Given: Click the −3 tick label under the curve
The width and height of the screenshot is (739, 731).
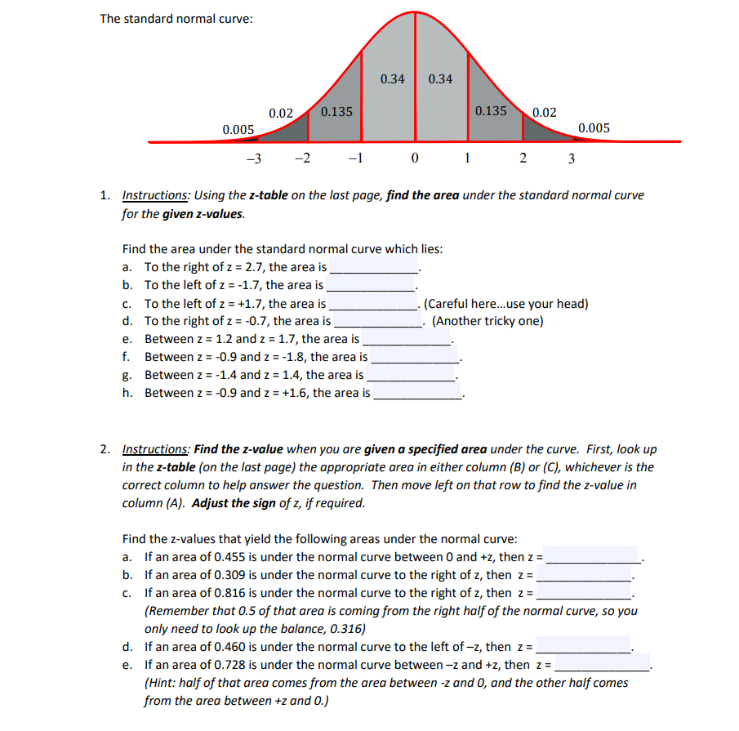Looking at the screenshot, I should point(253,158).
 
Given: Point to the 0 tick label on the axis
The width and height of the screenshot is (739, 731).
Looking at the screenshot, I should point(416,158).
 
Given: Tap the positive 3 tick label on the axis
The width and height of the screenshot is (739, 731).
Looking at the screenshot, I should point(571,158).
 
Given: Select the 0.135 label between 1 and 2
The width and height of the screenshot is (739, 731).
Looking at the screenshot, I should point(491,111).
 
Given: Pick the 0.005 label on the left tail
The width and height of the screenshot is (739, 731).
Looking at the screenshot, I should point(238,129).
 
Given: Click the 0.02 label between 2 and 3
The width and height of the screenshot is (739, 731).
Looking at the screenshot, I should point(544,113).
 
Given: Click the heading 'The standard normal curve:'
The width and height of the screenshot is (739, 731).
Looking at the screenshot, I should point(176,19).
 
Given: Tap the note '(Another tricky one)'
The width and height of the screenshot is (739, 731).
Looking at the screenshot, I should point(487,320).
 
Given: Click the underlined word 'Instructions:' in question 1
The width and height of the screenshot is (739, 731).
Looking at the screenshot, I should point(155,195).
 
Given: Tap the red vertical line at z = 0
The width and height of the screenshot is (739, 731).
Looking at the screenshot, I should point(416,74).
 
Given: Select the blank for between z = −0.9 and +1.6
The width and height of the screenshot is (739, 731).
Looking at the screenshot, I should point(418,393).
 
